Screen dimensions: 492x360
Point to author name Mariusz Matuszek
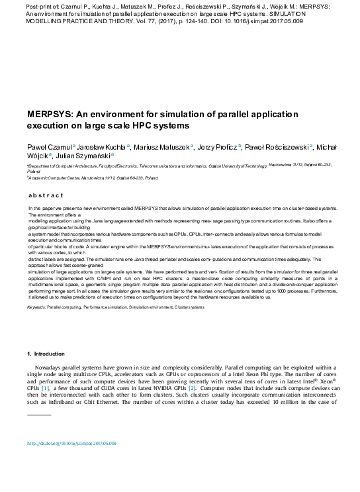click(161, 147)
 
